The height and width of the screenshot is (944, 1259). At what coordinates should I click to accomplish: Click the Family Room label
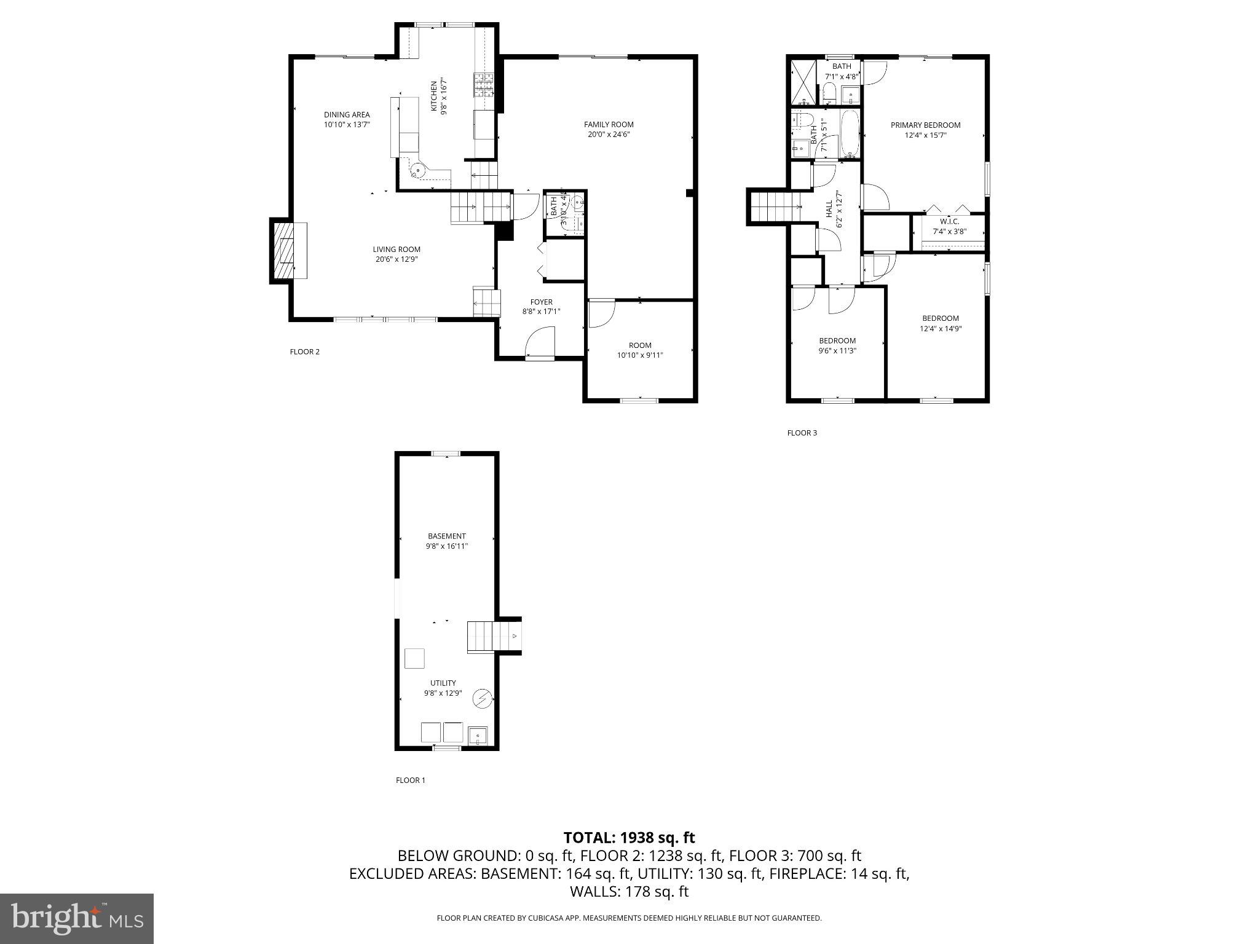point(609,125)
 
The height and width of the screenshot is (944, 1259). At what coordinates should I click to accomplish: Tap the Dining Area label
point(347,115)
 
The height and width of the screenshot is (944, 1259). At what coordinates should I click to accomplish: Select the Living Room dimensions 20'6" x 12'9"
point(397,259)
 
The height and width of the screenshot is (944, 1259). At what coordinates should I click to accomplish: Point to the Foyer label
point(541,302)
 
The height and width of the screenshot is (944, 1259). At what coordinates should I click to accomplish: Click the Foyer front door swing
point(540,342)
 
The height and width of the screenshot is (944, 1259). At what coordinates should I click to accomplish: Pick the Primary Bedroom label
point(925,125)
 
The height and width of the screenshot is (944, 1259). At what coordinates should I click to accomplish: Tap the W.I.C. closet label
point(949,221)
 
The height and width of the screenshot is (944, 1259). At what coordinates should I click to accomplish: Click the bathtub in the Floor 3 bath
point(850,133)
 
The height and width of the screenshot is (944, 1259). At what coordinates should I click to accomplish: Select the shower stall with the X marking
point(802,81)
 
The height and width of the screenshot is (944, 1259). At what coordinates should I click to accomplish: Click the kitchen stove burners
point(483,85)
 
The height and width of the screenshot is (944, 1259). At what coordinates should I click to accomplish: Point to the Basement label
point(447,537)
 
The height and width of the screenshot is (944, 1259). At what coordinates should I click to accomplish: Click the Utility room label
point(443,683)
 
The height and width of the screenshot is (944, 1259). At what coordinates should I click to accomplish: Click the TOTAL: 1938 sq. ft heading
point(629,838)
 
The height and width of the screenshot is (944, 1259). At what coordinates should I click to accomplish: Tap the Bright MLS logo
point(77,918)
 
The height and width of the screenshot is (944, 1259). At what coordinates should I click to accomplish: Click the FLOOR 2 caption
point(304,352)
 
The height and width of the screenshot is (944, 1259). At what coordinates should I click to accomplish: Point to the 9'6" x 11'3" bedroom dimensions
point(837,351)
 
